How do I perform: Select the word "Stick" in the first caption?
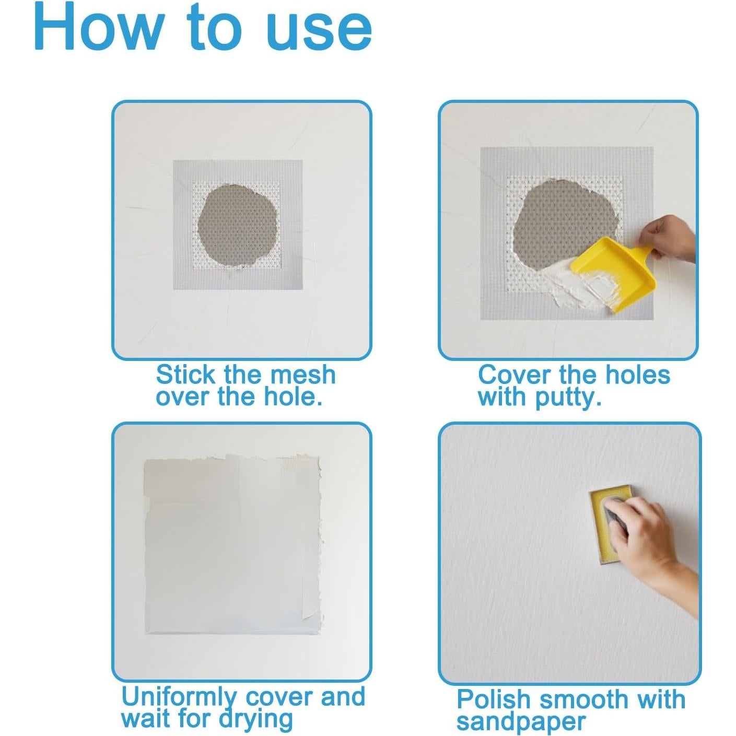pyautogui.click(x=186, y=375)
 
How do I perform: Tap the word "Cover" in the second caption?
pyautogui.click(x=515, y=375)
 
